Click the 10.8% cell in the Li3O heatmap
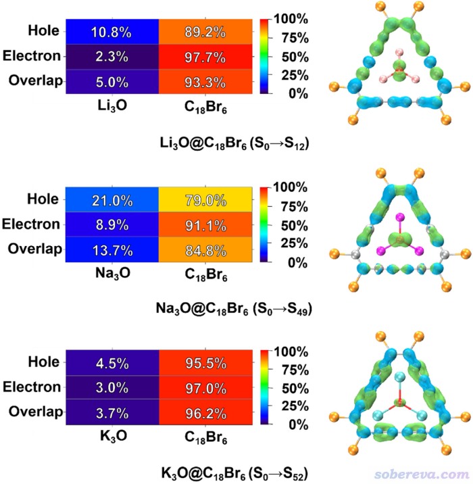[x=112, y=32]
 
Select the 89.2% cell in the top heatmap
[x=205, y=32]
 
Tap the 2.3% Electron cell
[x=112, y=57]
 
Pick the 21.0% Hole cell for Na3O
[x=112, y=199]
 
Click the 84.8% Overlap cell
[x=205, y=249]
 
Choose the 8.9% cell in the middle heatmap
[x=112, y=224]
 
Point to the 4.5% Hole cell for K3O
[x=112, y=363]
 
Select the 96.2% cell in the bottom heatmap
[x=206, y=412]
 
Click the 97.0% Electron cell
[x=206, y=387]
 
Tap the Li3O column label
[x=112, y=106]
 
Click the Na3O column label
[x=113, y=274]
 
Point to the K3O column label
[x=113, y=436]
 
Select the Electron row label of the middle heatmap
[x=31, y=224]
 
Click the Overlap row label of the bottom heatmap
[x=36, y=412]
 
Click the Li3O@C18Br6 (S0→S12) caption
[x=234, y=143]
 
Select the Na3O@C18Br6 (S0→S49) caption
[x=234, y=309]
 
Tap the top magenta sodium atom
[x=400, y=217]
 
